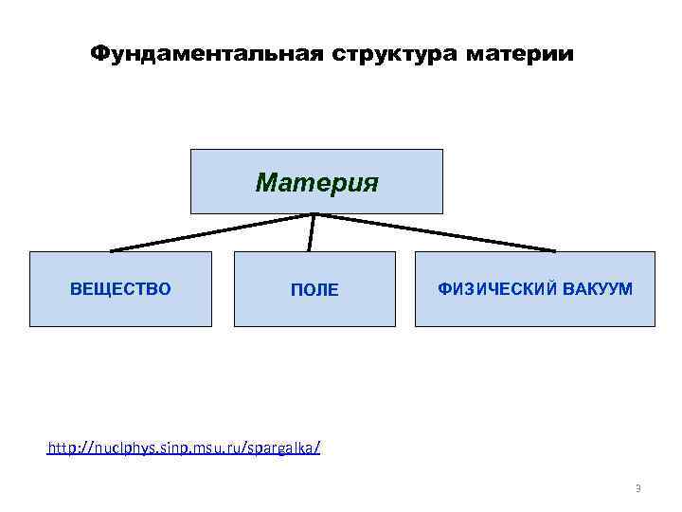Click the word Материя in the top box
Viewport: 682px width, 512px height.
coord(316,181)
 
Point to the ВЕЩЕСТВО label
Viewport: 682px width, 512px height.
coord(120,288)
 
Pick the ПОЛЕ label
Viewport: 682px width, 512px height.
coord(314,290)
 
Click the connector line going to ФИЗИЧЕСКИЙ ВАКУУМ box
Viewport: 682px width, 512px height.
coord(436,232)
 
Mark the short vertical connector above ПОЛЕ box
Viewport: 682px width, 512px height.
coord(312,233)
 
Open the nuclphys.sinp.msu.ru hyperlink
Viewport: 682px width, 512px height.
coord(184,447)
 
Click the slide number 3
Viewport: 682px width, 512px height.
coord(637,489)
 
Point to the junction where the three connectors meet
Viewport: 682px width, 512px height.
coord(314,214)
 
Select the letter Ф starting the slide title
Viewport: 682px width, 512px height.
coord(98,53)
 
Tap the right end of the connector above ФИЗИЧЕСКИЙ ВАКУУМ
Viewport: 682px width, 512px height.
coord(554,250)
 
